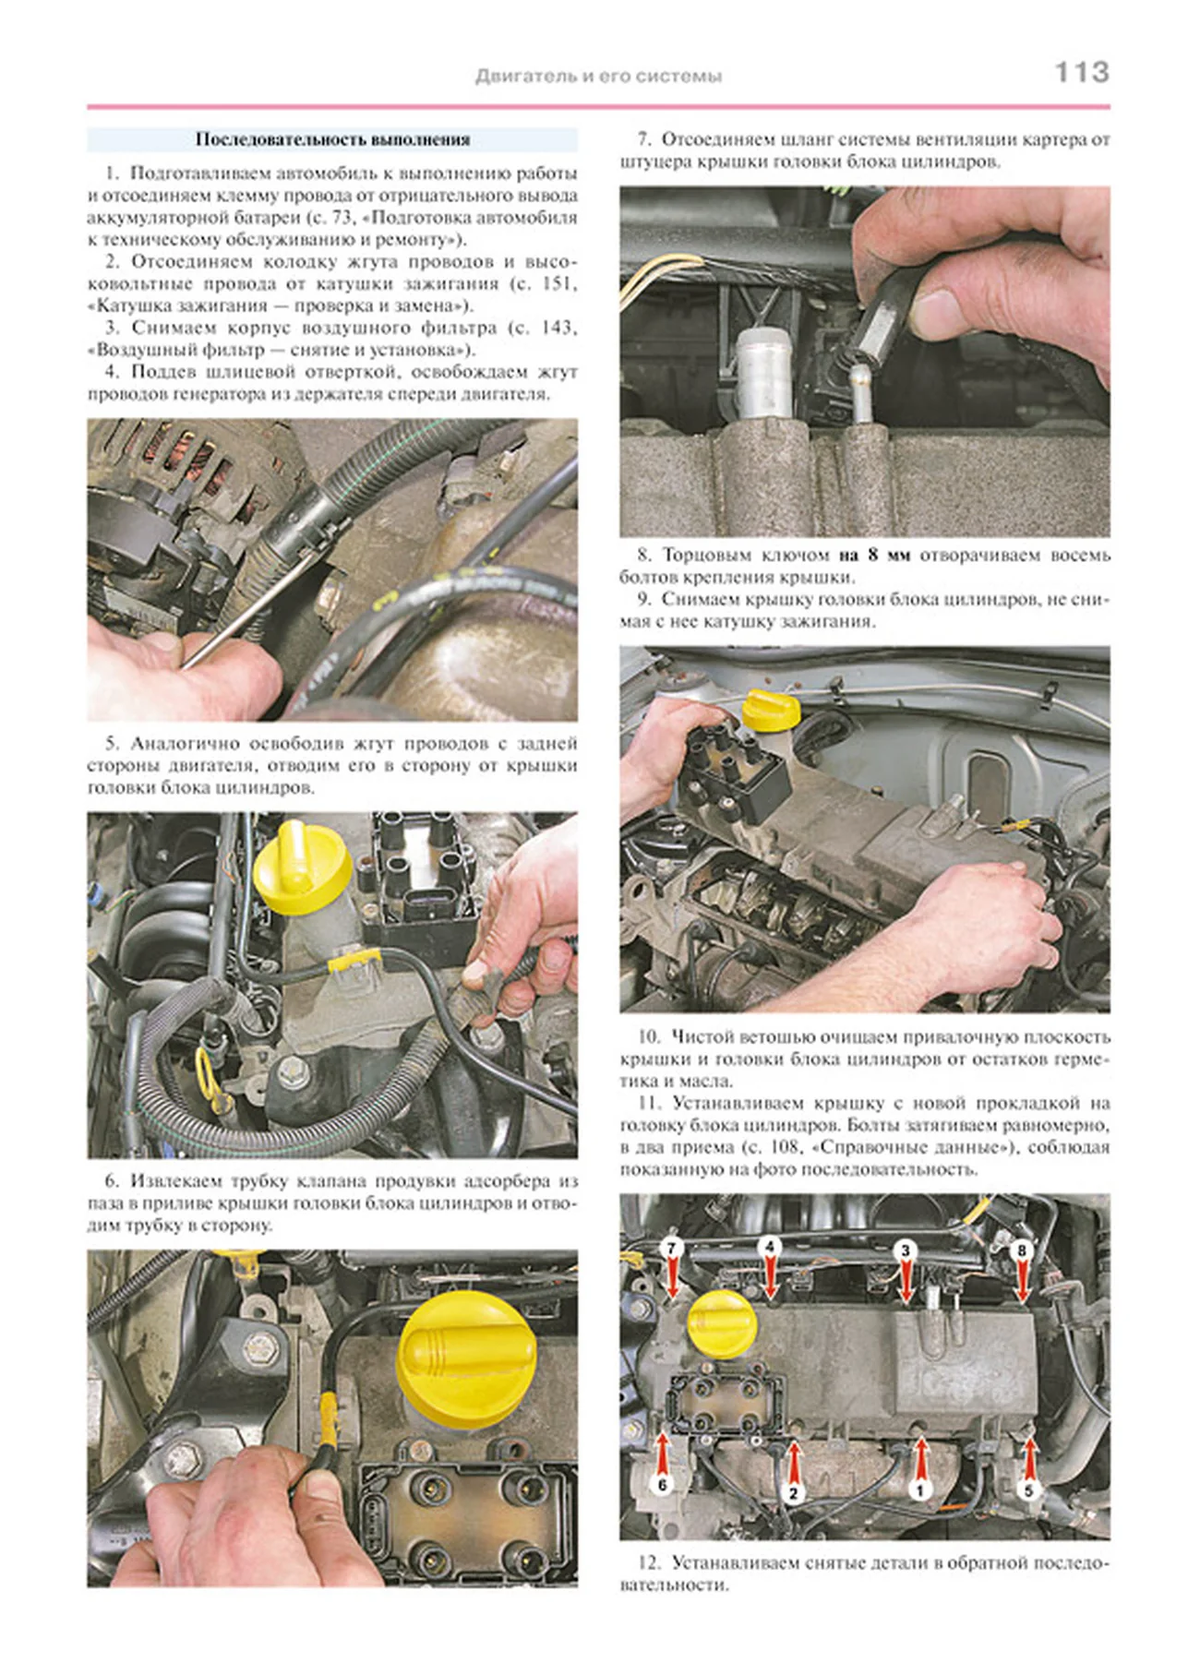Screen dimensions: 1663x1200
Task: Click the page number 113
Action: tap(1081, 72)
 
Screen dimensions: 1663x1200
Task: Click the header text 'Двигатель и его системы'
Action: tap(598, 77)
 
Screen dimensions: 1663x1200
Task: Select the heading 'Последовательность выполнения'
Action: tap(332, 139)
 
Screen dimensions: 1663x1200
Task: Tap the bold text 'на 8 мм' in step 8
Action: tap(873, 556)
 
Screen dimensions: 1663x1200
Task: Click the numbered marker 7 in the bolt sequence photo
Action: tap(671, 1248)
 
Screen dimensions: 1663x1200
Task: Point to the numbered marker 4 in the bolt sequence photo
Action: tap(770, 1246)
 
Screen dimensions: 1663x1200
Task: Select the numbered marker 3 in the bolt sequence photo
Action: tap(906, 1250)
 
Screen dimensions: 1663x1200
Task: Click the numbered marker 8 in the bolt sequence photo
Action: tap(1022, 1250)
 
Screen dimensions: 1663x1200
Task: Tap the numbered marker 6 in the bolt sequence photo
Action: tap(662, 1485)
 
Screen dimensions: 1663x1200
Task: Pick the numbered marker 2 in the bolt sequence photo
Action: tap(793, 1492)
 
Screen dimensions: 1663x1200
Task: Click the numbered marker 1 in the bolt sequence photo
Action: tap(918, 1489)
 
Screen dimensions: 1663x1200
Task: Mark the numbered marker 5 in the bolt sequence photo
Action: tap(1028, 1490)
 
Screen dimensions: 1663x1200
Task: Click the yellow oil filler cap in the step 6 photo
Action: tap(465, 1357)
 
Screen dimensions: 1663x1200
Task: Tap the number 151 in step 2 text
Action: tap(557, 283)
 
